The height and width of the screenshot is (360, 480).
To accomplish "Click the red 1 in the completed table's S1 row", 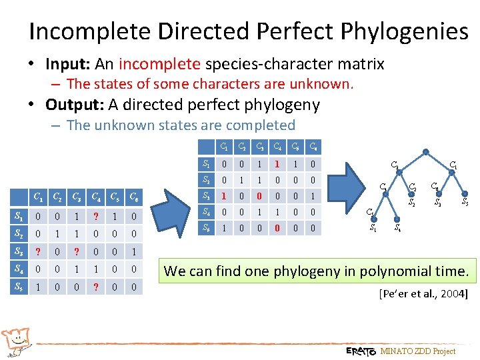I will pos(275,164).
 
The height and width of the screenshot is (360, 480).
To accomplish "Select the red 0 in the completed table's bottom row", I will pos(275,228).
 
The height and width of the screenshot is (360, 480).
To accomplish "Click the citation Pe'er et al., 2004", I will pos(423,294).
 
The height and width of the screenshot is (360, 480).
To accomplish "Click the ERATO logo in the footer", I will pos(361,351).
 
